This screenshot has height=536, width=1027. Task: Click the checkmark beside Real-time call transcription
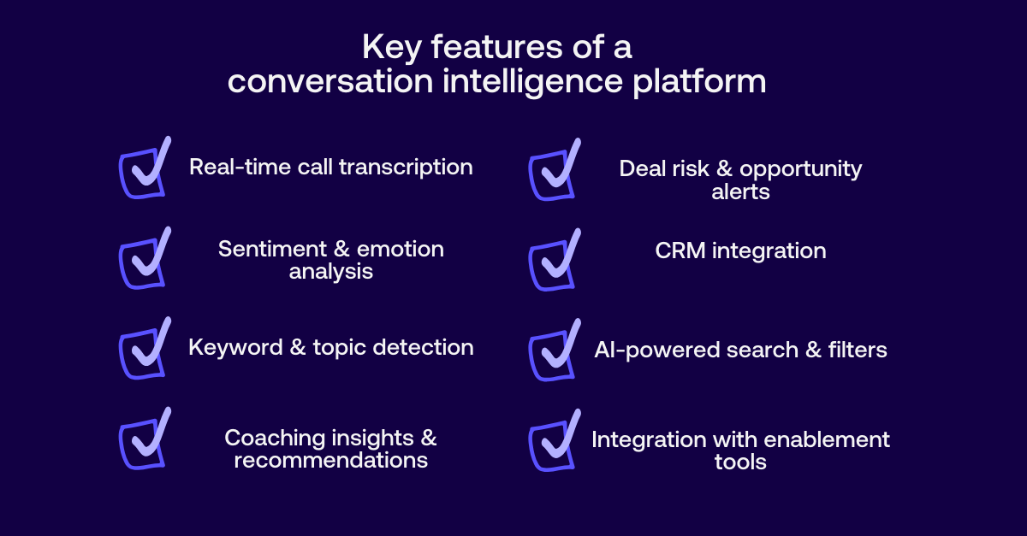click(x=143, y=170)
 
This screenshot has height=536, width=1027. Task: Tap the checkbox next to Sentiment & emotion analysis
click(x=143, y=260)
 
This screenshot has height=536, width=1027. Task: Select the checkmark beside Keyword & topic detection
click(x=143, y=350)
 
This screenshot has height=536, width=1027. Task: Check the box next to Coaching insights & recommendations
click(x=143, y=441)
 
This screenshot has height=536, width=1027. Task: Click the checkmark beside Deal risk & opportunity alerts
click(x=554, y=173)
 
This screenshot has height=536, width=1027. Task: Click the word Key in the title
click(x=389, y=48)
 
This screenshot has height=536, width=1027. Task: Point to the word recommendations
click(x=330, y=460)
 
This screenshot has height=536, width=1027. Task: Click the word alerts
click(x=740, y=191)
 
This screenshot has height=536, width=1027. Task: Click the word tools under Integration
click(x=740, y=462)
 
